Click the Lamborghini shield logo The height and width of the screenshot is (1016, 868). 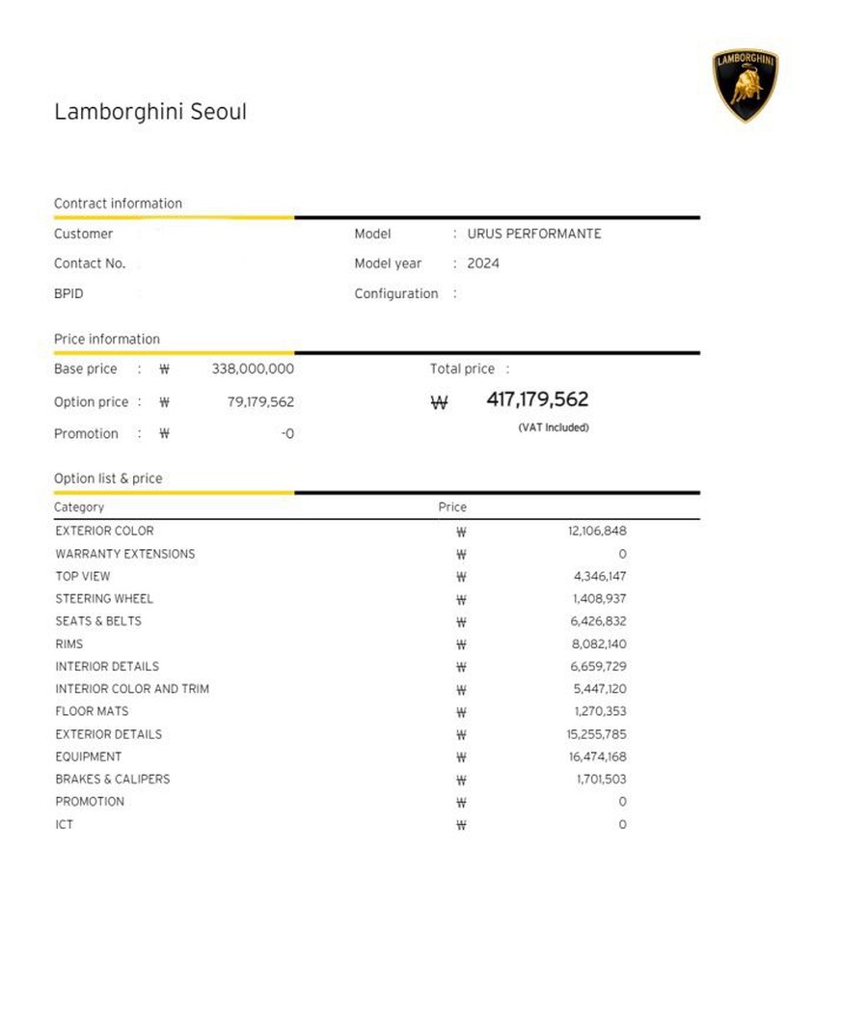pyautogui.click(x=746, y=86)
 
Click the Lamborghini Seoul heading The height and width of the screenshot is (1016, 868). pyautogui.click(x=150, y=112)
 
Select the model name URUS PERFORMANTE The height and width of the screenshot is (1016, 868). pyautogui.click(x=534, y=233)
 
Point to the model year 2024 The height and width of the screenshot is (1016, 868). pyautogui.click(x=483, y=263)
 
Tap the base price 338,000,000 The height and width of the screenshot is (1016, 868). pyautogui.click(x=253, y=369)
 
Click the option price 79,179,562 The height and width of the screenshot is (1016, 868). pyautogui.click(x=260, y=401)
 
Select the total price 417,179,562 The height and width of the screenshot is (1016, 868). pyautogui.click(x=537, y=399)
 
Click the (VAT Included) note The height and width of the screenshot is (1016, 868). pyautogui.click(x=553, y=427)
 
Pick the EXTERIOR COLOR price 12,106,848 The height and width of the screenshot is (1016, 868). pyautogui.click(x=597, y=531)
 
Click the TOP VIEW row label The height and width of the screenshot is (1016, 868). pyautogui.click(x=83, y=576)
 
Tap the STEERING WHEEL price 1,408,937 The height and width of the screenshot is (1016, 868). pyautogui.click(x=599, y=598)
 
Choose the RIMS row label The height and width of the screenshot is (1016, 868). pyautogui.click(x=69, y=644)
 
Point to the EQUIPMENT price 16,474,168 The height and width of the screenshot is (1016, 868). pyautogui.click(x=597, y=756)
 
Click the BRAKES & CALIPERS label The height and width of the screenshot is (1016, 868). pyautogui.click(x=113, y=779)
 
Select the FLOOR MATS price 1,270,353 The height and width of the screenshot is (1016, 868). pyautogui.click(x=600, y=711)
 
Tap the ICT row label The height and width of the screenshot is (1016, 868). pyautogui.click(x=64, y=824)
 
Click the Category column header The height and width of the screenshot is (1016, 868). pyautogui.click(x=79, y=507)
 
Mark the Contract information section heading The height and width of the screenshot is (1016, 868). pyautogui.click(x=118, y=204)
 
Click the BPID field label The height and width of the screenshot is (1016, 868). pyautogui.click(x=68, y=293)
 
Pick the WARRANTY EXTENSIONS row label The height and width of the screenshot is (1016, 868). pyautogui.click(x=125, y=554)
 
